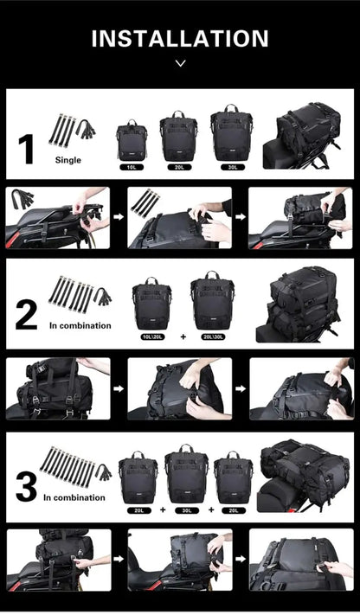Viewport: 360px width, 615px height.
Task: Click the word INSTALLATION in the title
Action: click(x=180, y=39)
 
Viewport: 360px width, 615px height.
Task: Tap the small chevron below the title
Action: click(x=180, y=63)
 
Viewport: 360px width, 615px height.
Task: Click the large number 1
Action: click(x=26, y=149)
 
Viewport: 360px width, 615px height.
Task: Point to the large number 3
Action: click(x=26, y=487)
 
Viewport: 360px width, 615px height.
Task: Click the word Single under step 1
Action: click(x=68, y=160)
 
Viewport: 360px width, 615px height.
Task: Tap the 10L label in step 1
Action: click(x=132, y=166)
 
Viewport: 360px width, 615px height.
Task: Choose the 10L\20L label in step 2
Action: click(x=152, y=336)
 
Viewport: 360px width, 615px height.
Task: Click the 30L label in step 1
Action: click(x=231, y=166)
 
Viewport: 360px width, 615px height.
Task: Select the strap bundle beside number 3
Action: click(x=74, y=467)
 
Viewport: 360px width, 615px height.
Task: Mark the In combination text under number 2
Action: click(x=80, y=325)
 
